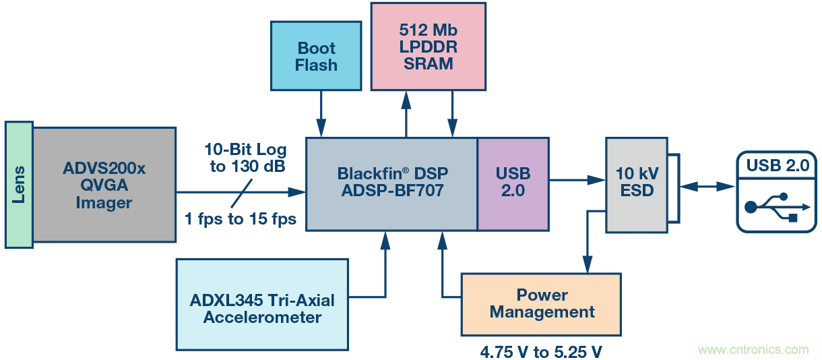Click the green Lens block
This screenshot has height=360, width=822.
[x=19, y=183]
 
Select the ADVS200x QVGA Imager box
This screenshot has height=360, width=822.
[x=104, y=184]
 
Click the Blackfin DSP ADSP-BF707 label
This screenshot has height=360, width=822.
[x=391, y=182]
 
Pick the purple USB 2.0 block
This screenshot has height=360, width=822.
[x=513, y=182]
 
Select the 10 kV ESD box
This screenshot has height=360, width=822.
[x=637, y=182]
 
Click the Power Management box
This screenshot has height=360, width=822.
[x=542, y=304]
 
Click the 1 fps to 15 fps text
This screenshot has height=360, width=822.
[x=241, y=218]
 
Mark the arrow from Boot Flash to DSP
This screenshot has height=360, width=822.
[x=321, y=115]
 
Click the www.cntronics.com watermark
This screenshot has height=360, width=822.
[x=753, y=350]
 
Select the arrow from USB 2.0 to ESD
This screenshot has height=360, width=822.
[x=576, y=179]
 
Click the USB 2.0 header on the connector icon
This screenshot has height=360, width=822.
[x=778, y=166]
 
